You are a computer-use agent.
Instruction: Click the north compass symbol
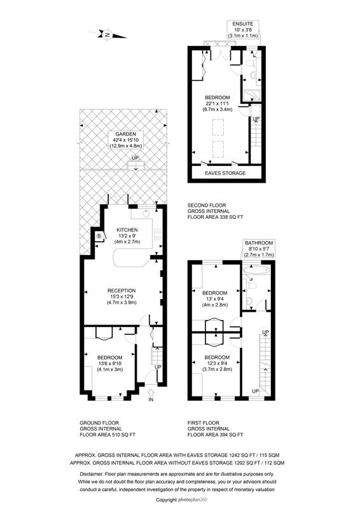coord(107,34)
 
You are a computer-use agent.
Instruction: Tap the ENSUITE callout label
coord(242,24)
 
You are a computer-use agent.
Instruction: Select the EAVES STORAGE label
coord(225,173)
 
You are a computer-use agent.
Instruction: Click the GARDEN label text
coord(126,134)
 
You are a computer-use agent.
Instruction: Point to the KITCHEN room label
coord(127,230)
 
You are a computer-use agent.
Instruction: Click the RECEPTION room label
coord(121,291)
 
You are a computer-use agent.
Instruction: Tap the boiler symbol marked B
coord(99,236)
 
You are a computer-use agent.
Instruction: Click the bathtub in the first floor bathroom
coord(256,269)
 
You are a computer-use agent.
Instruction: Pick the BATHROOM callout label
coord(259,243)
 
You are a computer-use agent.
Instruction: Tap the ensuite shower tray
coord(252,94)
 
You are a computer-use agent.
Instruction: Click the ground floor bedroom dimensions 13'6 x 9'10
coord(110,363)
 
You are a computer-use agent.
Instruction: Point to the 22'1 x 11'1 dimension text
coord(217,104)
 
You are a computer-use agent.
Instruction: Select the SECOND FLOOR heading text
coord(207,205)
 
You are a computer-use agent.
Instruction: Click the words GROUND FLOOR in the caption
coord(99,422)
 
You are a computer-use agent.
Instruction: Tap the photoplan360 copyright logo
coord(192,499)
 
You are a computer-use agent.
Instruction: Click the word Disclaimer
coord(91,474)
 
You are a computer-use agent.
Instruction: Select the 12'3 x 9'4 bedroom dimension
coord(217,363)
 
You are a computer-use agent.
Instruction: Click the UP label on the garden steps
coord(135,158)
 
